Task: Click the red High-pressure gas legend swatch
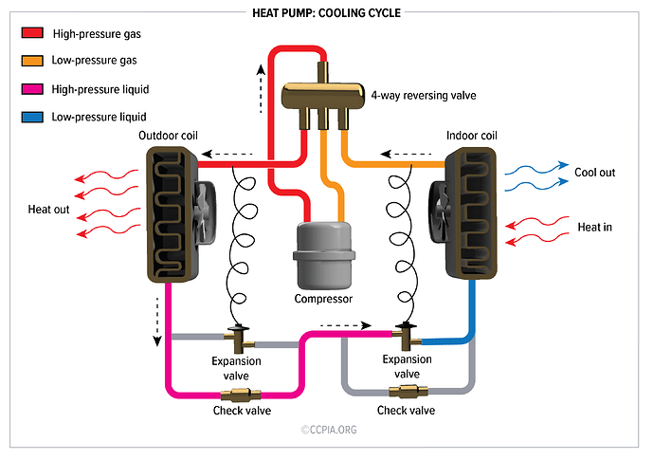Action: pos(30,33)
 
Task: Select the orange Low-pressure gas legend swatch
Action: pos(30,61)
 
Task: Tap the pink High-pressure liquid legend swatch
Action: pos(30,89)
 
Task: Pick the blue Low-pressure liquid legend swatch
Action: pos(30,118)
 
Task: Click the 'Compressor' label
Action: pos(324,299)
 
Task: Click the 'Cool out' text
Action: pos(594,173)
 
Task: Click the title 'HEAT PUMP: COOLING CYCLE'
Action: pos(326,13)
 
